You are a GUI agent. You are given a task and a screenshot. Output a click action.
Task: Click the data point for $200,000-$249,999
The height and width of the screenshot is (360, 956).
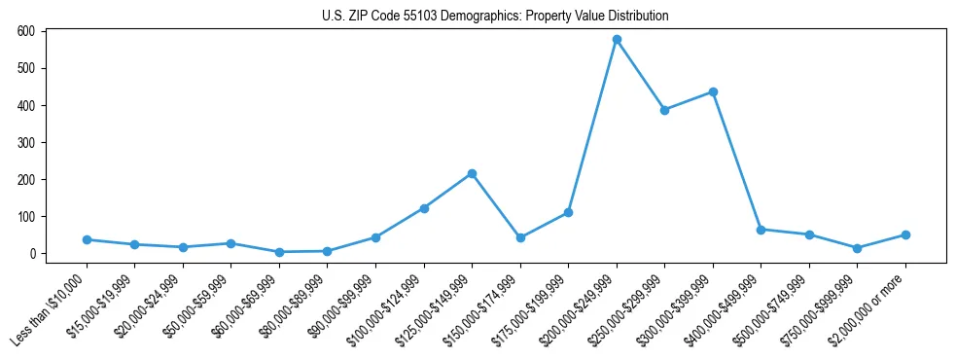[617, 40]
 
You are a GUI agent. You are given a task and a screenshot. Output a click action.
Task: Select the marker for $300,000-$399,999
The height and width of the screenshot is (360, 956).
[713, 92]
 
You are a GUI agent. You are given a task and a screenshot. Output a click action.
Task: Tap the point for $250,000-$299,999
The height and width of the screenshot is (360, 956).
[664, 110]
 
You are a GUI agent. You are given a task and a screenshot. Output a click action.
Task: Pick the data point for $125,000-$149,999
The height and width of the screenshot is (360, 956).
[472, 173]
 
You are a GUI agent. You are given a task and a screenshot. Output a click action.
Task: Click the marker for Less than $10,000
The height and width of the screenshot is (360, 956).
[87, 239]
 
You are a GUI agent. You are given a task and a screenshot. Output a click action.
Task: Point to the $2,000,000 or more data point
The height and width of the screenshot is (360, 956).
[905, 234]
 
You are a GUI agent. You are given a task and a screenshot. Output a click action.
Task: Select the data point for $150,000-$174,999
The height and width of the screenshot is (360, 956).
[520, 237]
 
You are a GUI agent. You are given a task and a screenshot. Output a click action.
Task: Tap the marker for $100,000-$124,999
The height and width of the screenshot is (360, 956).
[424, 208]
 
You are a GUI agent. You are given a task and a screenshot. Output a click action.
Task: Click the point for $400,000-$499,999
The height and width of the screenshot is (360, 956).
[761, 230]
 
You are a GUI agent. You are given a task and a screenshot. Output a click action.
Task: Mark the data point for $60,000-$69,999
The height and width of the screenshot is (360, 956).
[279, 252]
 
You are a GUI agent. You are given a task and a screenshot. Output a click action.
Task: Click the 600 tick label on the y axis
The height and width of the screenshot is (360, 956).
[26, 31]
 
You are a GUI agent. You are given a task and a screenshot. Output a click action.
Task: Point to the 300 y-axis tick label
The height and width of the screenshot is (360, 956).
[26, 142]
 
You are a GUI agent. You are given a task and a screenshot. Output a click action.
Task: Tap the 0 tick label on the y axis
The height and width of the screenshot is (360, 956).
[32, 254]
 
